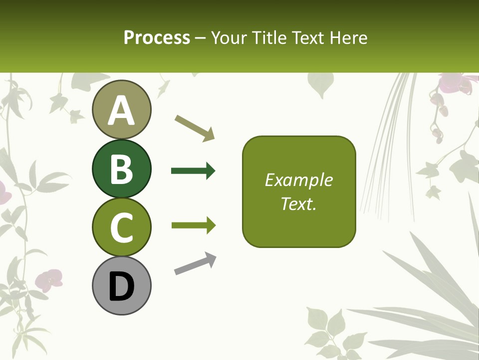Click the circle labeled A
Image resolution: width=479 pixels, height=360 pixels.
pyautogui.click(x=121, y=109)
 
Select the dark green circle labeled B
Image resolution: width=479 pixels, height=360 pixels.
pyautogui.click(x=121, y=168)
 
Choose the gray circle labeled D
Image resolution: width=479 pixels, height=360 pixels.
pyautogui.click(x=121, y=285)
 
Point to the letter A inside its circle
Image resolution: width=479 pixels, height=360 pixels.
pyautogui.click(x=121, y=110)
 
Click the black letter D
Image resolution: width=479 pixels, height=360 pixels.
pyautogui.click(x=121, y=286)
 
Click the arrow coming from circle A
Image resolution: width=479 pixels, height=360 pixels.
pyautogui.click(x=195, y=127)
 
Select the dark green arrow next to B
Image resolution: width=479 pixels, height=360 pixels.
pyautogui.click(x=193, y=171)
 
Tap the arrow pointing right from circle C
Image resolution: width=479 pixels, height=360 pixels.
pyautogui.click(x=193, y=225)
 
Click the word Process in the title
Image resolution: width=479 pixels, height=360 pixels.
pyautogui.click(x=157, y=37)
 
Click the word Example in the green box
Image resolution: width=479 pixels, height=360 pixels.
pyautogui.click(x=298, y=180)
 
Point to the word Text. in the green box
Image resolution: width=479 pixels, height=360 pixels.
pyautogui.click(x=298, y=203)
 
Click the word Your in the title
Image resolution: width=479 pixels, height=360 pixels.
pyautogui.click(x=229, y=37)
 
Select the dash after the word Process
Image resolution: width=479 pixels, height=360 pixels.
pyautogui.click(x=200, y=38)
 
